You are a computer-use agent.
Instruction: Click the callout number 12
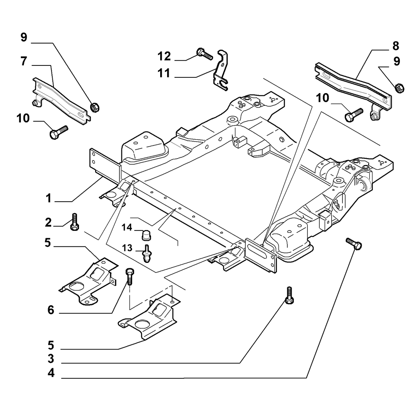coord(164,56)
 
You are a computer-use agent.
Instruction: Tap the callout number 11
coord(164,73)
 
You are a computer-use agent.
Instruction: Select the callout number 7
coord(24,61)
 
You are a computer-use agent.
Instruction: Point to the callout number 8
coord(396,46)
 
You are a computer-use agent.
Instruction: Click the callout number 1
coord(48,198)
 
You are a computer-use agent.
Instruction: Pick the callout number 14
coord(127,227)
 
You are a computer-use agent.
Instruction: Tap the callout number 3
coord(51,359)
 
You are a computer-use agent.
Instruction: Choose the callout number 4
coord(51,373)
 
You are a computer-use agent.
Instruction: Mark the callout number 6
coord(51,310)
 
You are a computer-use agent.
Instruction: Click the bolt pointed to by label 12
coord(205,54)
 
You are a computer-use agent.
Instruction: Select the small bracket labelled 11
coord(221,70)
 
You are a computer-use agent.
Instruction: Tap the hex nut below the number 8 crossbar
coord(399,88)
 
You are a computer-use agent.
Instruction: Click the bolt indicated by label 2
coord(74,222)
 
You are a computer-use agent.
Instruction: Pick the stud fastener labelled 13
coord(146,253)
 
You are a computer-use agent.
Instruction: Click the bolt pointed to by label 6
coord(129,276)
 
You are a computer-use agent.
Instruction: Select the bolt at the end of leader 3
coord(289,295)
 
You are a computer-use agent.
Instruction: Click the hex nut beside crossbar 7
coord(95,107)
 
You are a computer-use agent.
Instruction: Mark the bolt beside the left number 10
coord(59,132)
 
